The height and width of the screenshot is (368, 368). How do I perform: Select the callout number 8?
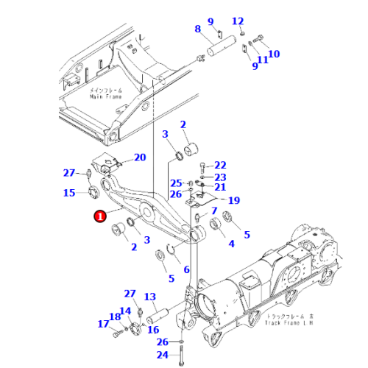[197, 29]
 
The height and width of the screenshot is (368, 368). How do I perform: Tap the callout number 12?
[238, 21]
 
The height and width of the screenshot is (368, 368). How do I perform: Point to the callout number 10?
[274, 54]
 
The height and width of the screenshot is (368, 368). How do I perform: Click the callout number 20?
[140, 158]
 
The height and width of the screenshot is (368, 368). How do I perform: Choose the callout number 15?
[69, 194]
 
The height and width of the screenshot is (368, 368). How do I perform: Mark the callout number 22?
[221, 165]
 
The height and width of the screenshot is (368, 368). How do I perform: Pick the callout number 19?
[234, 200]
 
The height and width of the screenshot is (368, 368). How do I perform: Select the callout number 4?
[231, 244]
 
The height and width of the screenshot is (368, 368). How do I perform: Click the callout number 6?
[186, 270]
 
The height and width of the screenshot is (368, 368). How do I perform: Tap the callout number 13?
[150, 297]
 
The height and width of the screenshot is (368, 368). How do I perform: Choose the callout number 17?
[102, 323]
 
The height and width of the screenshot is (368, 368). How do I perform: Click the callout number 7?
[214, 211]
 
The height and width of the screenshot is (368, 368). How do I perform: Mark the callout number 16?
[153, 330]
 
